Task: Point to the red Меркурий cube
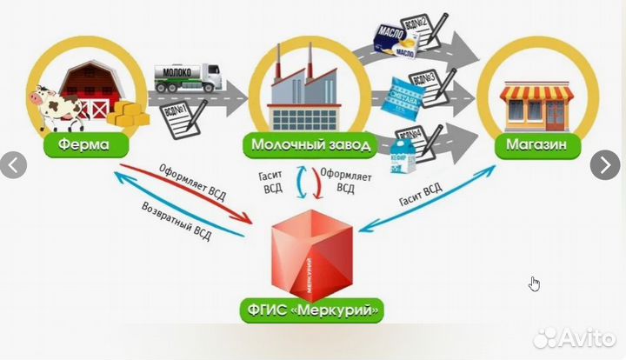(x=314, y=252)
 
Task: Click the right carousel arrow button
(x=605, y=163)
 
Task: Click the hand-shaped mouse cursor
(x=535, y=283)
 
